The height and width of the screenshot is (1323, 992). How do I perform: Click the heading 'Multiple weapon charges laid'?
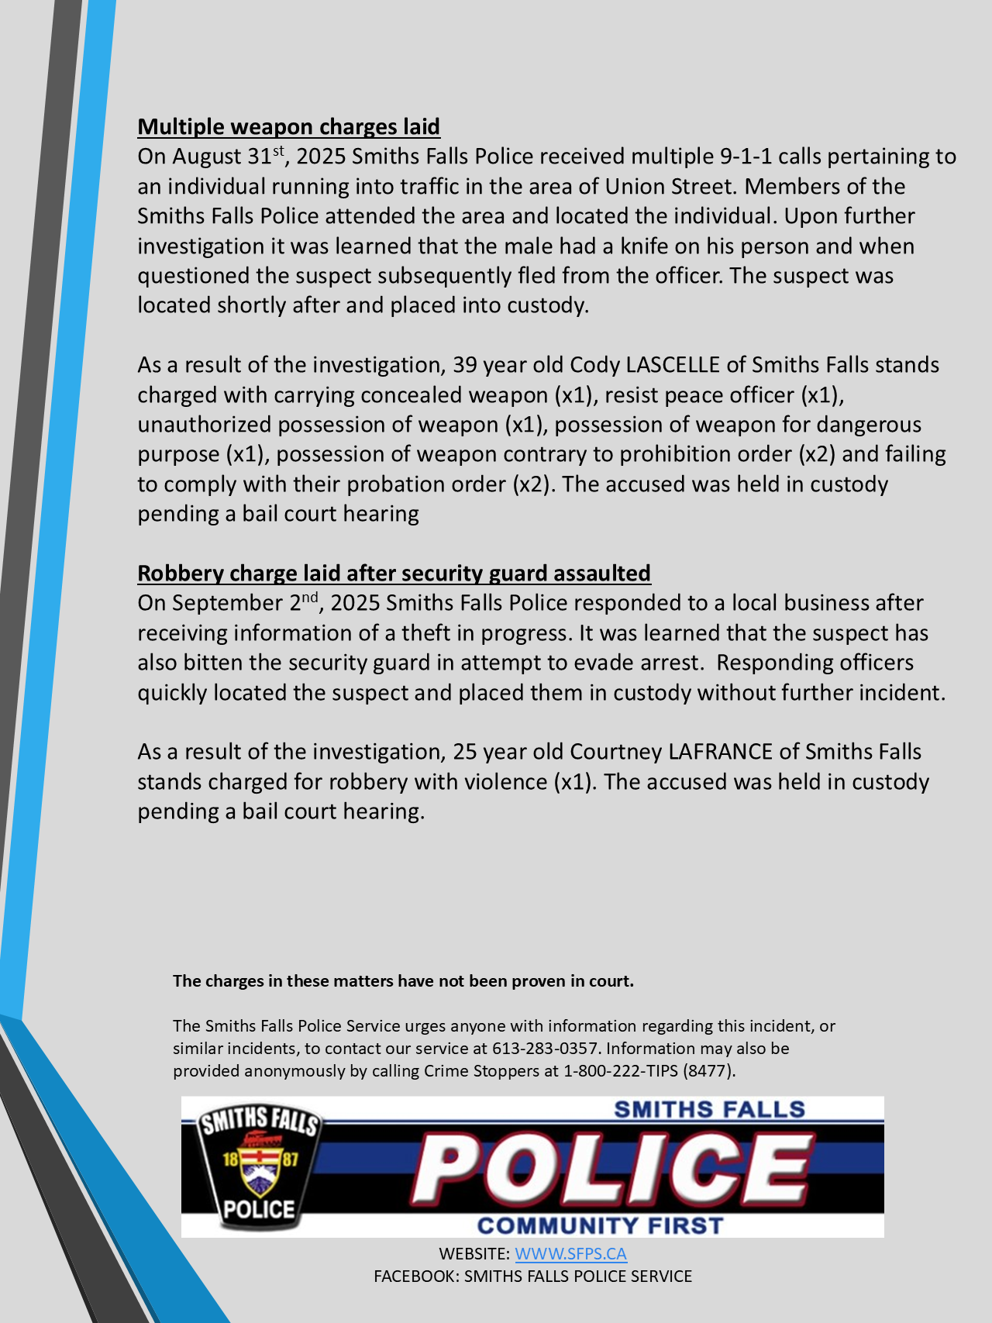click(288, 127)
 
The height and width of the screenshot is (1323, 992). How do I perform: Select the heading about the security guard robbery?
click(394, 574)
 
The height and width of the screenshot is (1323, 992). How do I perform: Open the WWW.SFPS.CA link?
click(570, 1254)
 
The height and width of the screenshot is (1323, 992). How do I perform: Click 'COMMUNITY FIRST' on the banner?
click(600, 1226)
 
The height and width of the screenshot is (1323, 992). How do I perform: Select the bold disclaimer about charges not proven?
click(403, 981)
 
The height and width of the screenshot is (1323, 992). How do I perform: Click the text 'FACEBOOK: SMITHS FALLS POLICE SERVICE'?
click(532, 1276)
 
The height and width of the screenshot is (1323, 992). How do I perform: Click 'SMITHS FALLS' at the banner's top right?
click(709, 1110)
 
